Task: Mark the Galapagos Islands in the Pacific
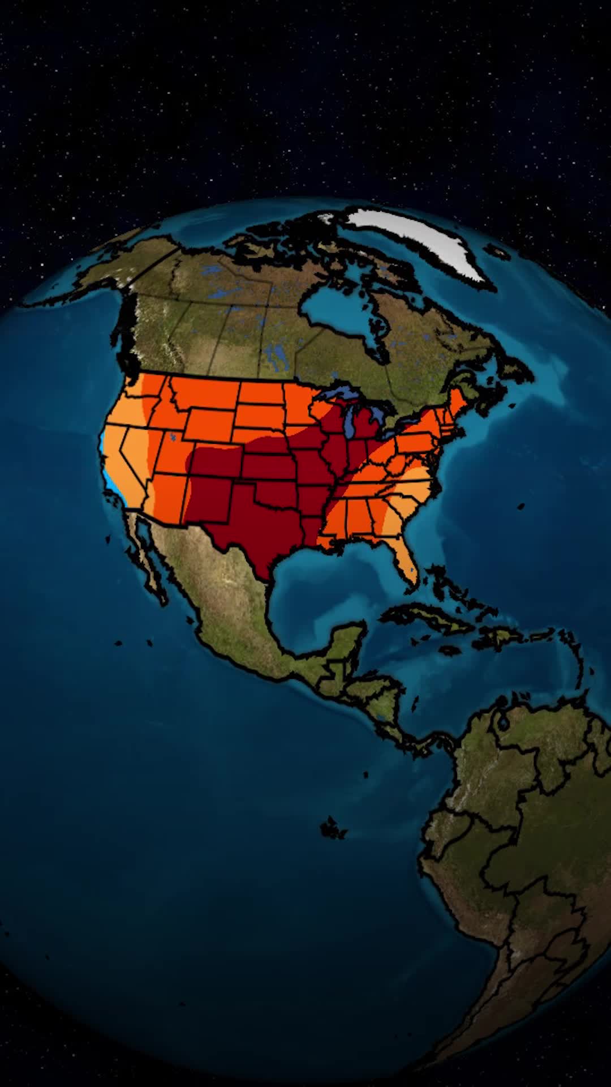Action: [334, 829]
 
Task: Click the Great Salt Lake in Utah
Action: [172, 436]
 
